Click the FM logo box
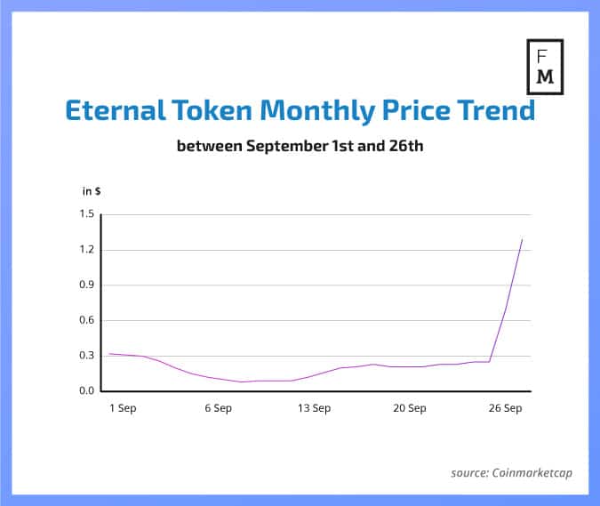[x=546, y=67]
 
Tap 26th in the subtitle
[x=405, y=145]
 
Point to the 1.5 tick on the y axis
[x=86, y=214]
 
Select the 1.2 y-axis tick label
[x=86, y=250]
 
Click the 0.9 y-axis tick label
[x=86, y=285]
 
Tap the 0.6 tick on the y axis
[x=86, y=320]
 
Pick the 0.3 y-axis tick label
[x=86, y=356]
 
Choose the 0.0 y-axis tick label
[x=86, y=391]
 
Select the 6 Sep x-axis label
[x=218, y=408]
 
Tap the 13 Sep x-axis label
[x=314, y=408]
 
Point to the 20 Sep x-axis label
[x=410, y=408]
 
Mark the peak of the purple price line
[x=522, y=238]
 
